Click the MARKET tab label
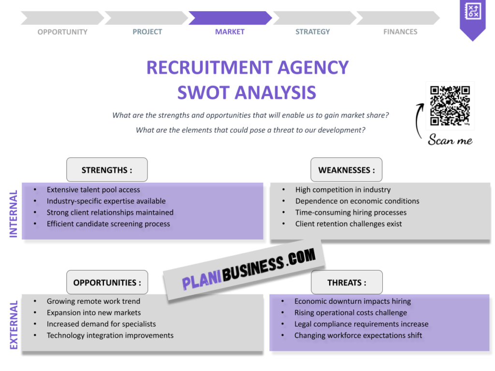[x=230, y=32]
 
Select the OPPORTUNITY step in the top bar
[x=62, y=32]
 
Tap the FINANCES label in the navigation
[x=400, y=32]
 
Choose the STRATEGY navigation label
[x=313, y=32]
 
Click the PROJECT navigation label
[x=147, y=32]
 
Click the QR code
[x=450, y=105]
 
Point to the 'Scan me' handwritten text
[x=450, y=140]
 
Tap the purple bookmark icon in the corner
[x=472, y=17]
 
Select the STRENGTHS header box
[x=107, y=170]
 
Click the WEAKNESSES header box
[x=346, y=170]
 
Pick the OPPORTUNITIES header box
[x=107, y=283]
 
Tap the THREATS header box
[x=347, y=283]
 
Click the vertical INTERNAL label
[x=14, y=213]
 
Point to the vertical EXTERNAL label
[x=14, y=325]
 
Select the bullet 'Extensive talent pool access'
[x=93, y=190]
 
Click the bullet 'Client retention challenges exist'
[x=349, y=224]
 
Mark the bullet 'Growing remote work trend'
[x=93, y=301]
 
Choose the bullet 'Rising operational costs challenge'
[x=350, y=313]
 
